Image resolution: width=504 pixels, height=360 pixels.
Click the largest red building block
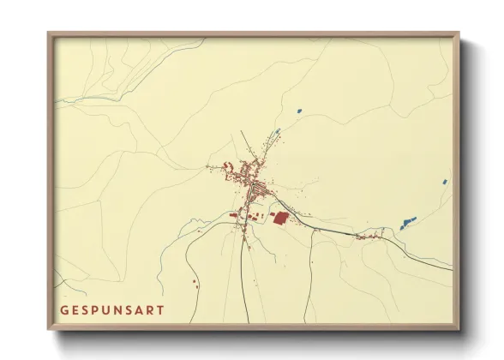tap(278, 218)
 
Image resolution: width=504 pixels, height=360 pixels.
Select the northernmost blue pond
tap(299, 111)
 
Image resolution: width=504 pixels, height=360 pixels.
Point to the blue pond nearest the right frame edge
tap(444, 182)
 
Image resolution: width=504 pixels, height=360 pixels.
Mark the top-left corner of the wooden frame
tap(49, 33)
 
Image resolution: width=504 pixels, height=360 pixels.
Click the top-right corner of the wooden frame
tap(459, 33)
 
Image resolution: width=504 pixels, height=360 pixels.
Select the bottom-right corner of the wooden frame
tap(459, 329)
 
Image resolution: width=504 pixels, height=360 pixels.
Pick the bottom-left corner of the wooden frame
tap(49, 329)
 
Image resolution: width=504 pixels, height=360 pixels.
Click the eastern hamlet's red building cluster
tap(370, 236)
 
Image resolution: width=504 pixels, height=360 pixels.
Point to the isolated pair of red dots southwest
tap(195, 279)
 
